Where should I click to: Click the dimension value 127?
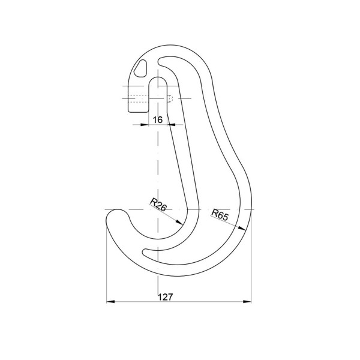166,297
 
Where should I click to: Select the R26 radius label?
158,205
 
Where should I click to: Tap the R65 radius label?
220,215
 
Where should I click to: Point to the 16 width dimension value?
157,119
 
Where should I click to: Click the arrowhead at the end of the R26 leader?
179,222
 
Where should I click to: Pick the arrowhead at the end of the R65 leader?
242,228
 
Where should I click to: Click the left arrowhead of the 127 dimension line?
110,301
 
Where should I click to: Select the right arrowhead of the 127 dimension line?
247,301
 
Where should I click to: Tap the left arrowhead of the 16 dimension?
145,125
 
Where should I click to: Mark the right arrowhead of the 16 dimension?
171,125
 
